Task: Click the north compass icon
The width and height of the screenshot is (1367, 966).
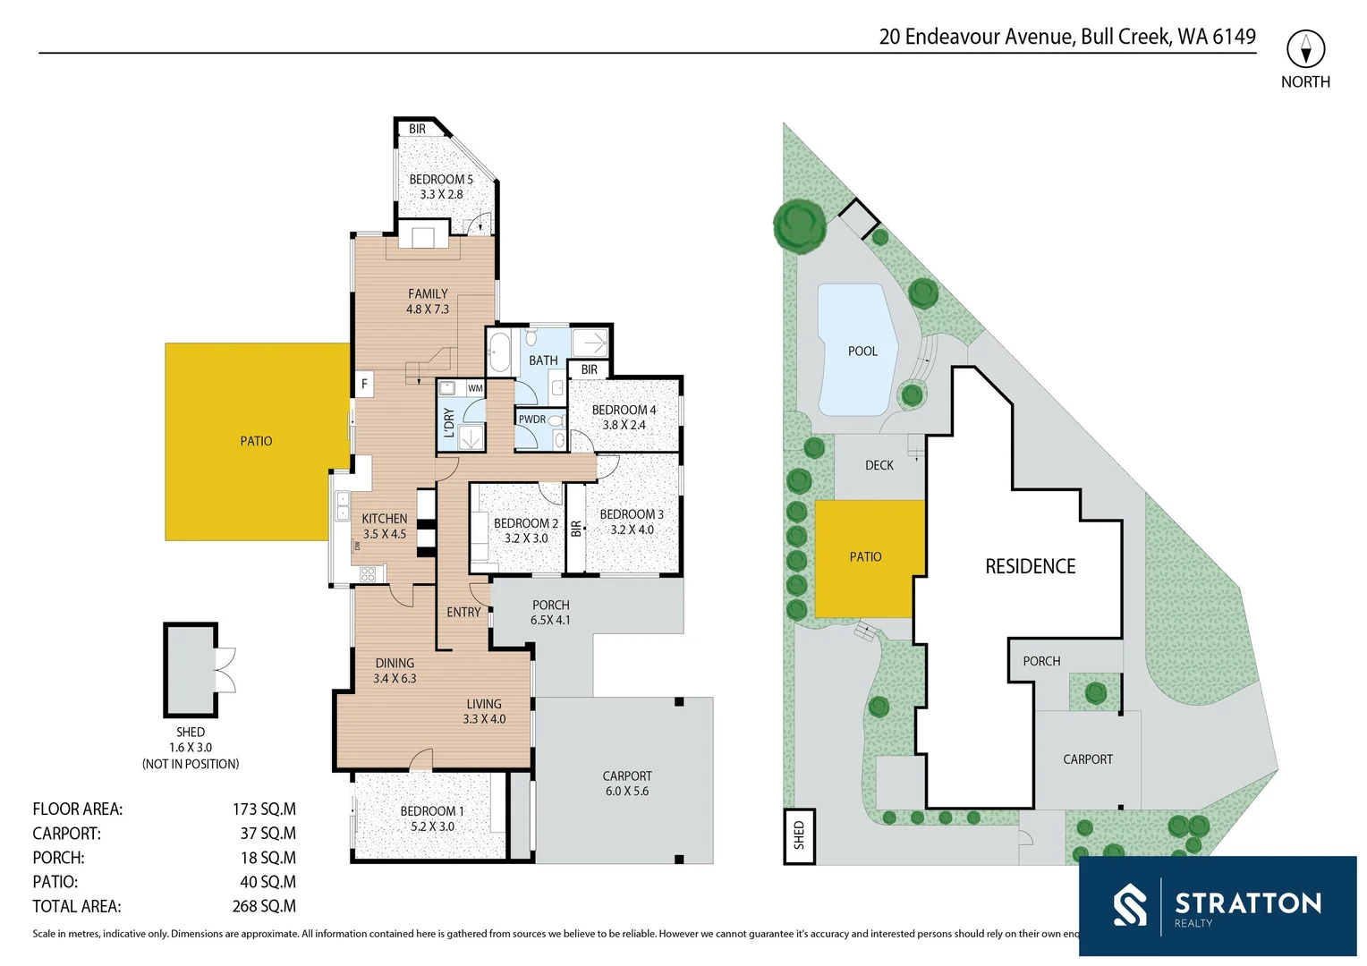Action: coord(1305,49)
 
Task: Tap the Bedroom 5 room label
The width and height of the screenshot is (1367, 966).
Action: coord(441,179)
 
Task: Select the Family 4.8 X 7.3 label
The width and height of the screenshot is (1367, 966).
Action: coord(428,301)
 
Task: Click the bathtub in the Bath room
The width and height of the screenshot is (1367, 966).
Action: coord(499,352)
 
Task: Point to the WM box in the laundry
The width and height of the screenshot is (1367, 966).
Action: coord(475,388)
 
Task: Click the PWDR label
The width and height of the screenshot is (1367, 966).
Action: coord(531,419)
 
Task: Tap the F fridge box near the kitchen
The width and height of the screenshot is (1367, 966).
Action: coord(364,385)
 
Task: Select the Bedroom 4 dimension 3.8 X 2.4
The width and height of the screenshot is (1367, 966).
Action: coord(624,425)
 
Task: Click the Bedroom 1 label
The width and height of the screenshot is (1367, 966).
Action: coord(432,811)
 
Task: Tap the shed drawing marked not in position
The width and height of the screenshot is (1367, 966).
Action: coord(191,670)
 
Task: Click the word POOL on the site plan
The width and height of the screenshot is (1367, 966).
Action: coord(862,352)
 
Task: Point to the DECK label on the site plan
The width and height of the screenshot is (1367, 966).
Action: coord(879,465)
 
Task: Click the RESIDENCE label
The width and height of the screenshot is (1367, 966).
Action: coord(1030,566)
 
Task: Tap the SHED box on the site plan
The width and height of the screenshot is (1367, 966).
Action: coord(799,835)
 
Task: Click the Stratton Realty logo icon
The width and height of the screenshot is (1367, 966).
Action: coord(1129,905)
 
